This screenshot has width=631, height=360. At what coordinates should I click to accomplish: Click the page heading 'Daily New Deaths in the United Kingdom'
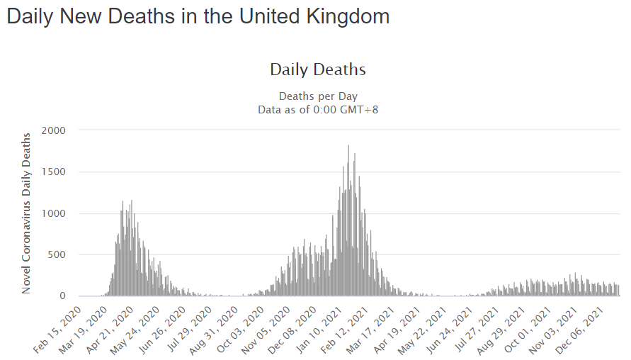[x=198, y=17]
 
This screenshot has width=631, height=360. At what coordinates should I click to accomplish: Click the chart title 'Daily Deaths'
[x=318, y=69]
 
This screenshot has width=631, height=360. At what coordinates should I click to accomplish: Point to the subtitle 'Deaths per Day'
[x=318, y=96]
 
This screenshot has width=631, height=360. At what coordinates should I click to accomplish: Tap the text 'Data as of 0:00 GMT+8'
[x=318, y=109]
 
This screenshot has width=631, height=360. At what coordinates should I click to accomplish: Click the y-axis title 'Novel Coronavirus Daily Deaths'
[x=27, y=213]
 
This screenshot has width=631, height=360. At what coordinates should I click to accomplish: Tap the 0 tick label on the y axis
[x=63, y=296]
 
